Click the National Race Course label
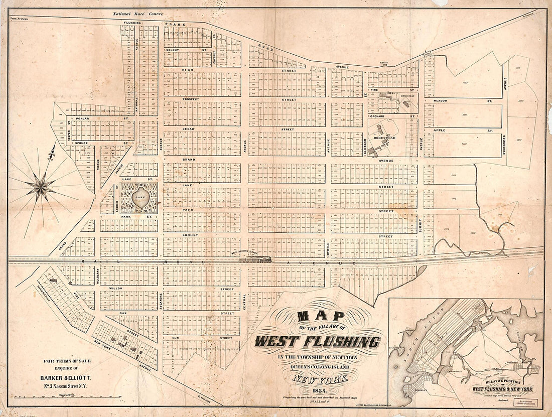(x=133, y=16)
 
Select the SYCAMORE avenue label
(x=160, y=300)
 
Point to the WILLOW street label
(x=116, y=289)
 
